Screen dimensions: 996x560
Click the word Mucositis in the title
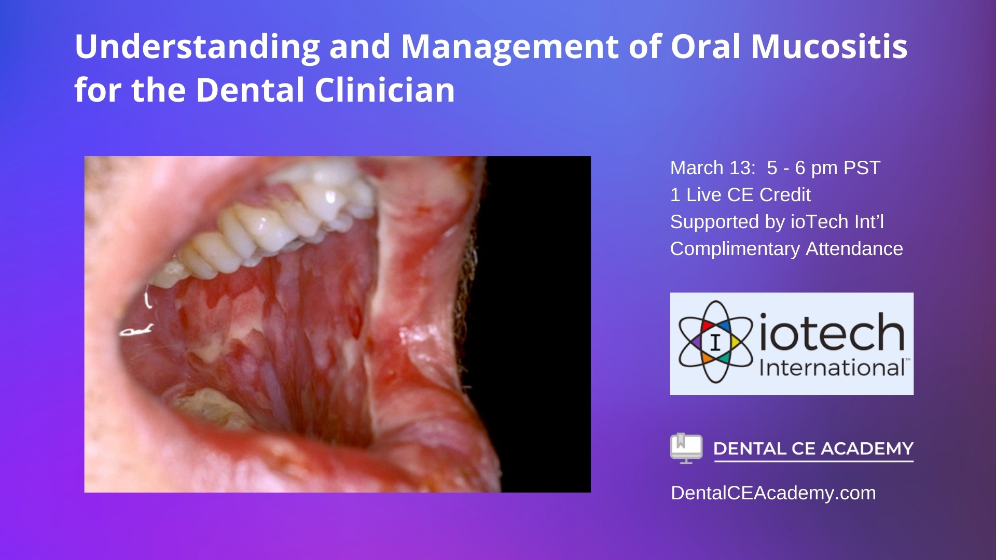coord(829,47)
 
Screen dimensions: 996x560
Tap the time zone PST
coord(862,168)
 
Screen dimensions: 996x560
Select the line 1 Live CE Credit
coord(740,195)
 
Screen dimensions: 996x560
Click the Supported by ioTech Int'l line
coord(777,222)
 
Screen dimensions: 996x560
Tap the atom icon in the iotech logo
coord(716,342)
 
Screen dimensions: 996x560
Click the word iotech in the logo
coord(832,332)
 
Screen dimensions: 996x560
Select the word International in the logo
coord(832,368)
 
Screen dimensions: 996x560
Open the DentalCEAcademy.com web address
coord(773,493)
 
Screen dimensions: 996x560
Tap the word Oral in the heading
coord(707,47)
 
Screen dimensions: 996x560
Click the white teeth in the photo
coord(270,223)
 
